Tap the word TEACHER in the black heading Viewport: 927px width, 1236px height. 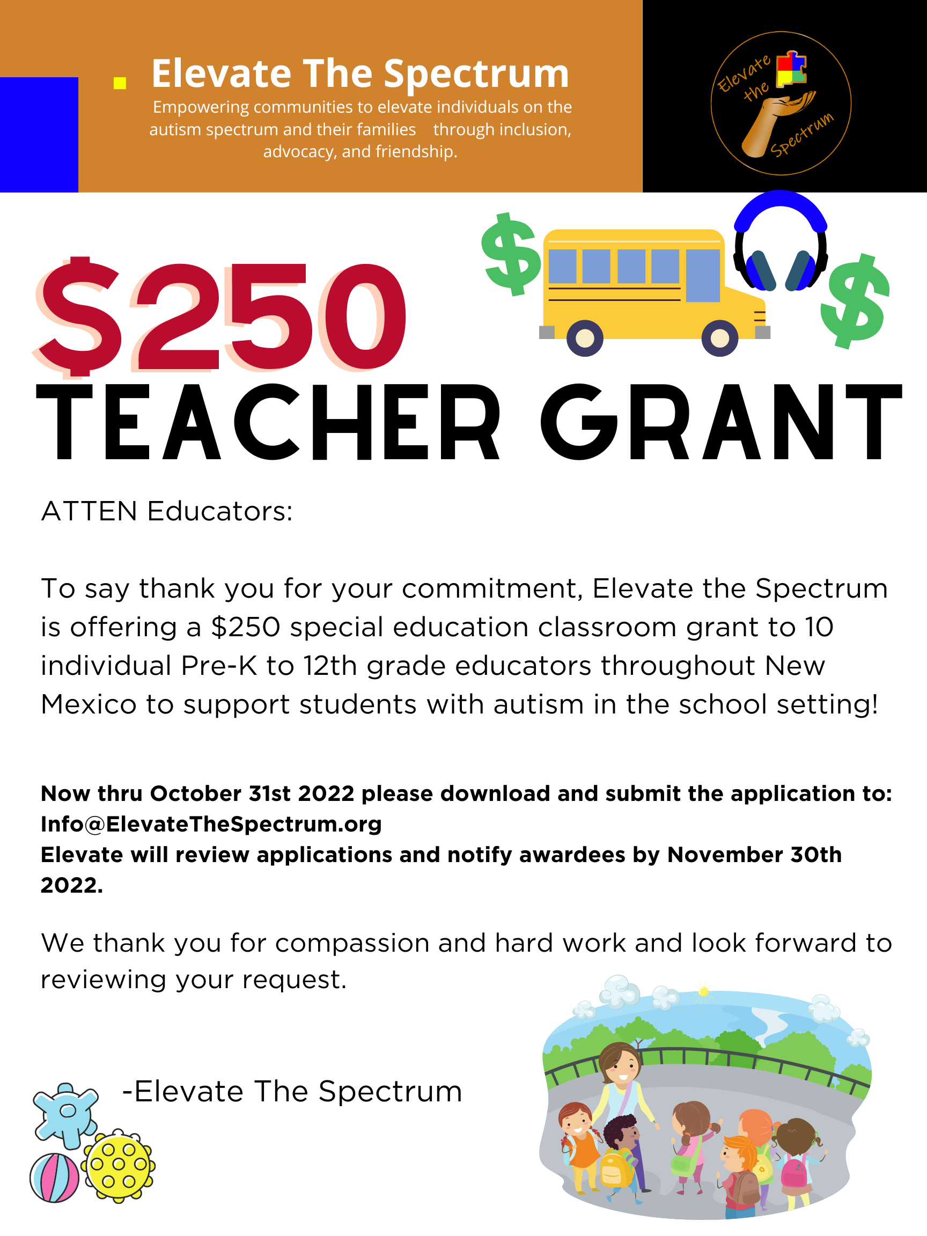(x=268, y=422)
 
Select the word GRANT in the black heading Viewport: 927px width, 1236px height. (x=721, y=422)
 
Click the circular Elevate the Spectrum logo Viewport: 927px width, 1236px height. (x=781, y=104)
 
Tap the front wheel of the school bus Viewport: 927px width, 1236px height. (x=720, y=337)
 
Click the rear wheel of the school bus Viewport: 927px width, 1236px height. (x=585, y=337)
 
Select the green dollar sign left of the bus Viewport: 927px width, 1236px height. (x=511, y=254)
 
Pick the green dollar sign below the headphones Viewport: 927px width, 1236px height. (x=855, y=301)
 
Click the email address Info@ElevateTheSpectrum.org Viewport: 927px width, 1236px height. (x=211, y=824)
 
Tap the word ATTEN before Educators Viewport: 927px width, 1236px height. (x=89, y=511)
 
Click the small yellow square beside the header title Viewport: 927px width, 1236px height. (x=120, y=83)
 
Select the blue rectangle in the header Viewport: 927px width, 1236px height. (x=39, y=135)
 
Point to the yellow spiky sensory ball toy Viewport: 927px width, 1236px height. (x=119, y=1166)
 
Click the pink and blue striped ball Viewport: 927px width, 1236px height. (x=55, y=1178)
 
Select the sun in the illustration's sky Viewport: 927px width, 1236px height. (x=703, y=992)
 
